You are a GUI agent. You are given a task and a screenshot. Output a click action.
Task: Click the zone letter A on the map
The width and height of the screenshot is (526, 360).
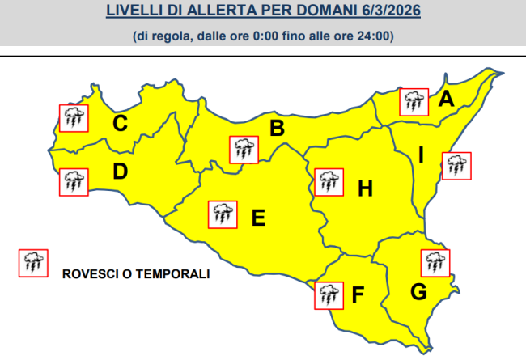[446, 100]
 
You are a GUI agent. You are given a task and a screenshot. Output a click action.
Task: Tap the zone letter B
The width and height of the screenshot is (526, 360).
[276, 129]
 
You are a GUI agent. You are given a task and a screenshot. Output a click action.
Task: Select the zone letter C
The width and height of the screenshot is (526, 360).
[120, 124]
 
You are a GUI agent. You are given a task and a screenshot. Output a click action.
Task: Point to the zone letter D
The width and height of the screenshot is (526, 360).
[120, 172]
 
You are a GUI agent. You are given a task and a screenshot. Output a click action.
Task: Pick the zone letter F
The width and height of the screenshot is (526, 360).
[357, 295]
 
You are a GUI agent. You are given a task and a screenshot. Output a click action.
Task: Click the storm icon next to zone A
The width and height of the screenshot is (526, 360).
[415, 101]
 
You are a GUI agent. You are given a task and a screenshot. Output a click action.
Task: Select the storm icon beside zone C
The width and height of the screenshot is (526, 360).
[74, 118]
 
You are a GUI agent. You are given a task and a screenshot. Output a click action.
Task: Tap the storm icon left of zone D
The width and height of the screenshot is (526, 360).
[74, 181]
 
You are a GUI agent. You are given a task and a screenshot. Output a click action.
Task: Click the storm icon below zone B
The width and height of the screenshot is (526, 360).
[243, 149]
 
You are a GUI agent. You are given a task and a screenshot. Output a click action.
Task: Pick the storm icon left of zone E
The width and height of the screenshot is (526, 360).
[223, 214]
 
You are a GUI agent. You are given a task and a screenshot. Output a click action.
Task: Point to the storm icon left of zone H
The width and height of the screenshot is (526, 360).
[327, 182]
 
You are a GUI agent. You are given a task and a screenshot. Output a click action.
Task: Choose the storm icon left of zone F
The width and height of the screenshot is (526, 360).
[327, 294]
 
